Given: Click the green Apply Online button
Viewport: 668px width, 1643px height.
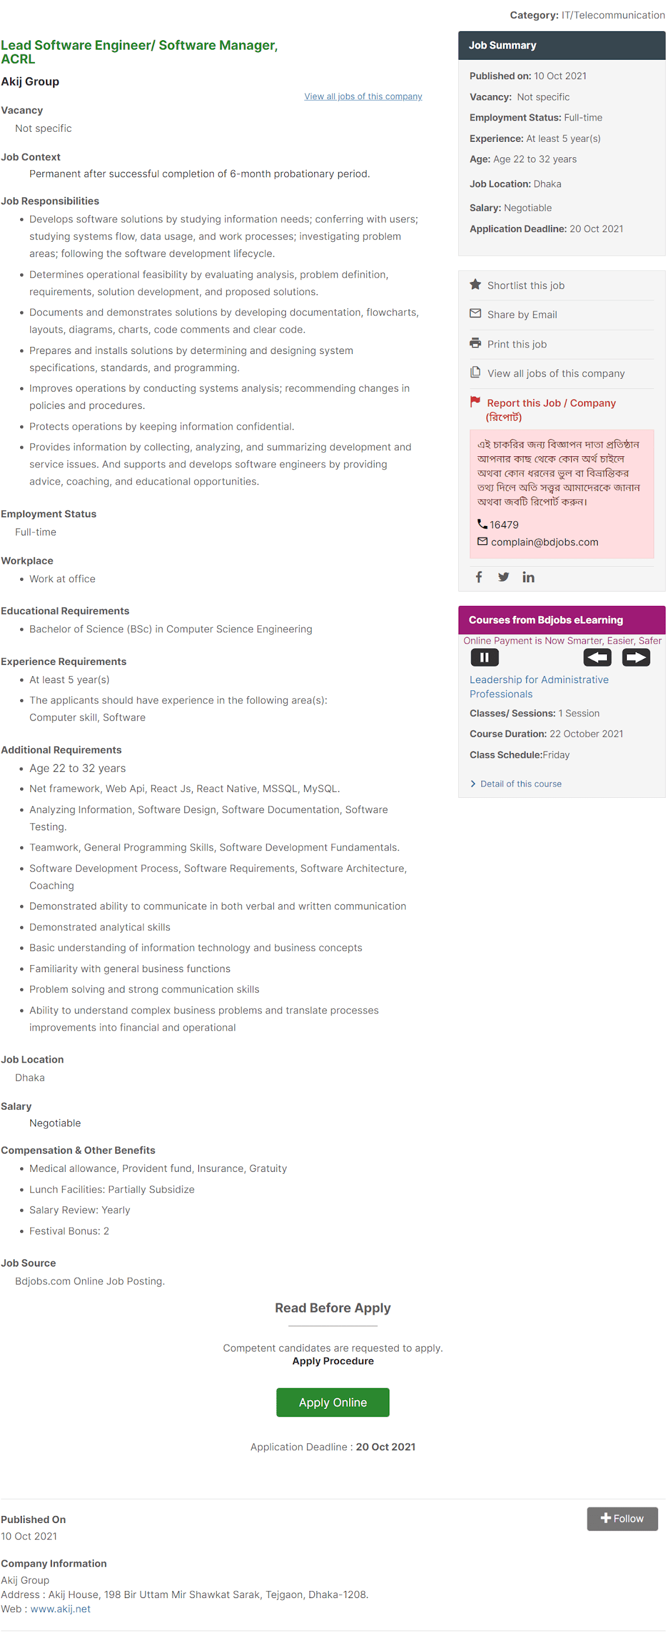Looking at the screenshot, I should (332, 1402).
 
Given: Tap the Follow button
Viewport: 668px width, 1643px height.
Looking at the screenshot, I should (621, 1519).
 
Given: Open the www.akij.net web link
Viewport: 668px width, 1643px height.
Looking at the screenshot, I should (61, 1609).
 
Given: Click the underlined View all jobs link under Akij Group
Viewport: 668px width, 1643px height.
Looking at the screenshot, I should (363, 96).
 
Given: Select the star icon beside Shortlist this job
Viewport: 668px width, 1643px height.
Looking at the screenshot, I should (475, 284).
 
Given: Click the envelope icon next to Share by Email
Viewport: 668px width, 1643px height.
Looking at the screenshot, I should (475, 313).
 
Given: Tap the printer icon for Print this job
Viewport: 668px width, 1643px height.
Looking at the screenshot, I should (475, 343).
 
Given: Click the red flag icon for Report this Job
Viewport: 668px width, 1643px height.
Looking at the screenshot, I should (475, 401).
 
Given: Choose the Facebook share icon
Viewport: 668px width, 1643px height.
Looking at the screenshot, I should (478, 577).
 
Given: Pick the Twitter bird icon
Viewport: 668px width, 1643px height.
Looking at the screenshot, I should (504, 577).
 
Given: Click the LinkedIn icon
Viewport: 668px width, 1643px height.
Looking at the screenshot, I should (529, 577).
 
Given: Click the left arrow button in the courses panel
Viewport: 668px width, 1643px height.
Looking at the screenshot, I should (597, 657).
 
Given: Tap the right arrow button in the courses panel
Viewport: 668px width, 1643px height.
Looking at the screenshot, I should (636, 657).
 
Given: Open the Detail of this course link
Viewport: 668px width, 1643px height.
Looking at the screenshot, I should (520, 783).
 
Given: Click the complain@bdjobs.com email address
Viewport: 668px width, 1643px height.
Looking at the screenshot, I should (545, 541).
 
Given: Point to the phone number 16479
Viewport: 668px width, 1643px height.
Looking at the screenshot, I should (504, 524).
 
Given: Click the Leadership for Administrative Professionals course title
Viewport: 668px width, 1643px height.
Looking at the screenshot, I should (539, 686).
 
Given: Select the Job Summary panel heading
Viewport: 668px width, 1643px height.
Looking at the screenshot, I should (502, 46).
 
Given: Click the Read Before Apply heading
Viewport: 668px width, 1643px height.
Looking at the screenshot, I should (332, 1307).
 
